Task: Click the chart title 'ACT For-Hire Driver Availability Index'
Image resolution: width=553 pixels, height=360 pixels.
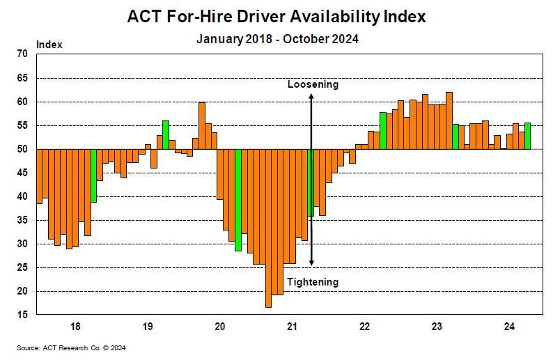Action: [x=276, y=16]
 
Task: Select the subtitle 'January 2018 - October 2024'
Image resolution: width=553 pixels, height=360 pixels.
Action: [x=276, y=39]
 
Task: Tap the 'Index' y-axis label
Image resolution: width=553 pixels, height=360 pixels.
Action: [x=49, y=45]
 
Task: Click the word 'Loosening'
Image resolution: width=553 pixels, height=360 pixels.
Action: [x=313, y=84]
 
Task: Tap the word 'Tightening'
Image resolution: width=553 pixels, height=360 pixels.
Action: [x=313, y=282]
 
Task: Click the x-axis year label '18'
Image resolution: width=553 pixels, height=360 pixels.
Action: [x=75, y=327]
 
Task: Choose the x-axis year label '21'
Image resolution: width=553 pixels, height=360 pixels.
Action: [x=293, y=327]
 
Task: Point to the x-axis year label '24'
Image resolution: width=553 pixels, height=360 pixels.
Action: [x=509, y=327]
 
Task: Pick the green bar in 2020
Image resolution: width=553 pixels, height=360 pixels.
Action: [x=238, y=200]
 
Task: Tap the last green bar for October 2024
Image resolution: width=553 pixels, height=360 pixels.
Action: [x=527, y=136]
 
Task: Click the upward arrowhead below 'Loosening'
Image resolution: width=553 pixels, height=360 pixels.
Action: [x=311, y=96]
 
